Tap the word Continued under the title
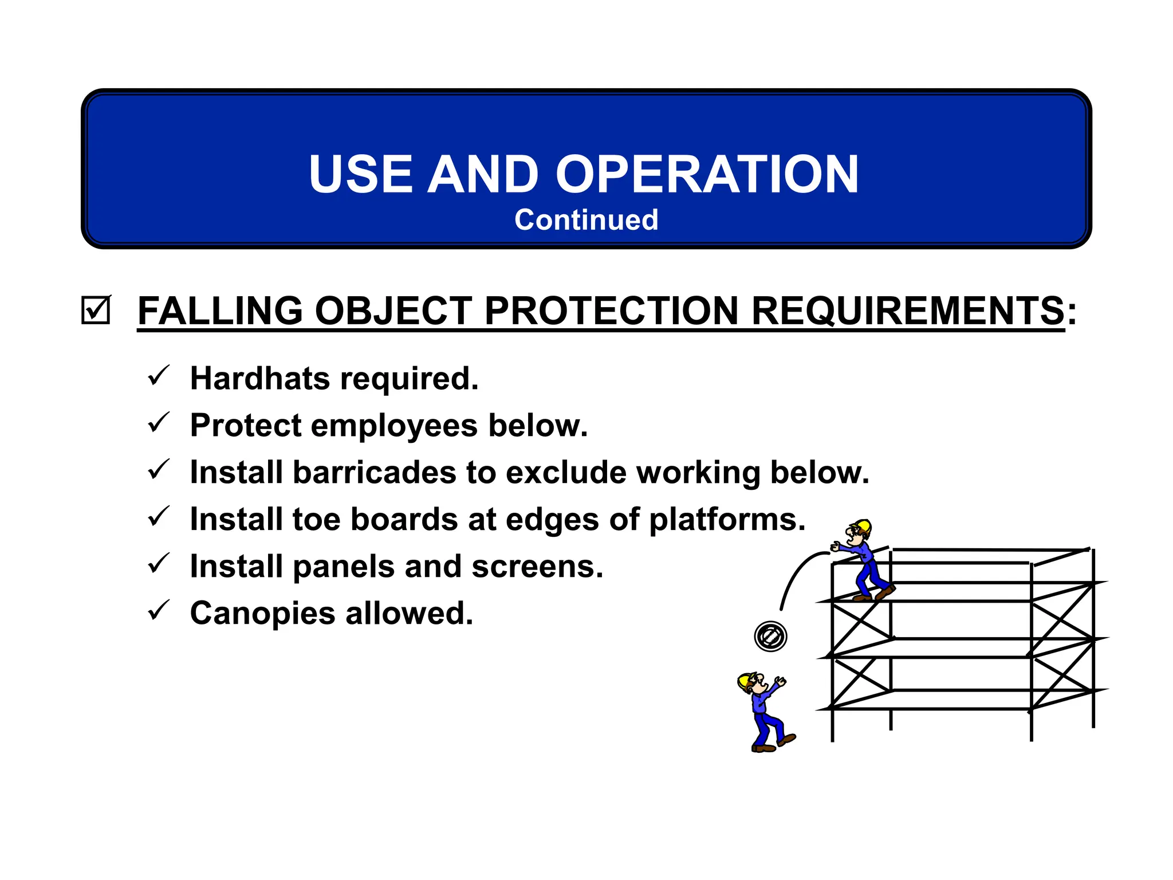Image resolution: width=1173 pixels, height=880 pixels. [x=586, y=220]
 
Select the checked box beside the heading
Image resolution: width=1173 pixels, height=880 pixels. [x=95, y=310]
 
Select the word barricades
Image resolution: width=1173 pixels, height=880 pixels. [x=373, y=472]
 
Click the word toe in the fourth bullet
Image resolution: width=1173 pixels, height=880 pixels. [x=316, y=519]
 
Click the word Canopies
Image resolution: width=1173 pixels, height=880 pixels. [x=262, y=614]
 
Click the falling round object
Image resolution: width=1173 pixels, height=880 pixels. [x=770, y=636]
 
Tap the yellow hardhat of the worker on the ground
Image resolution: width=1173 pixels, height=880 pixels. [x=745, y=680]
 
